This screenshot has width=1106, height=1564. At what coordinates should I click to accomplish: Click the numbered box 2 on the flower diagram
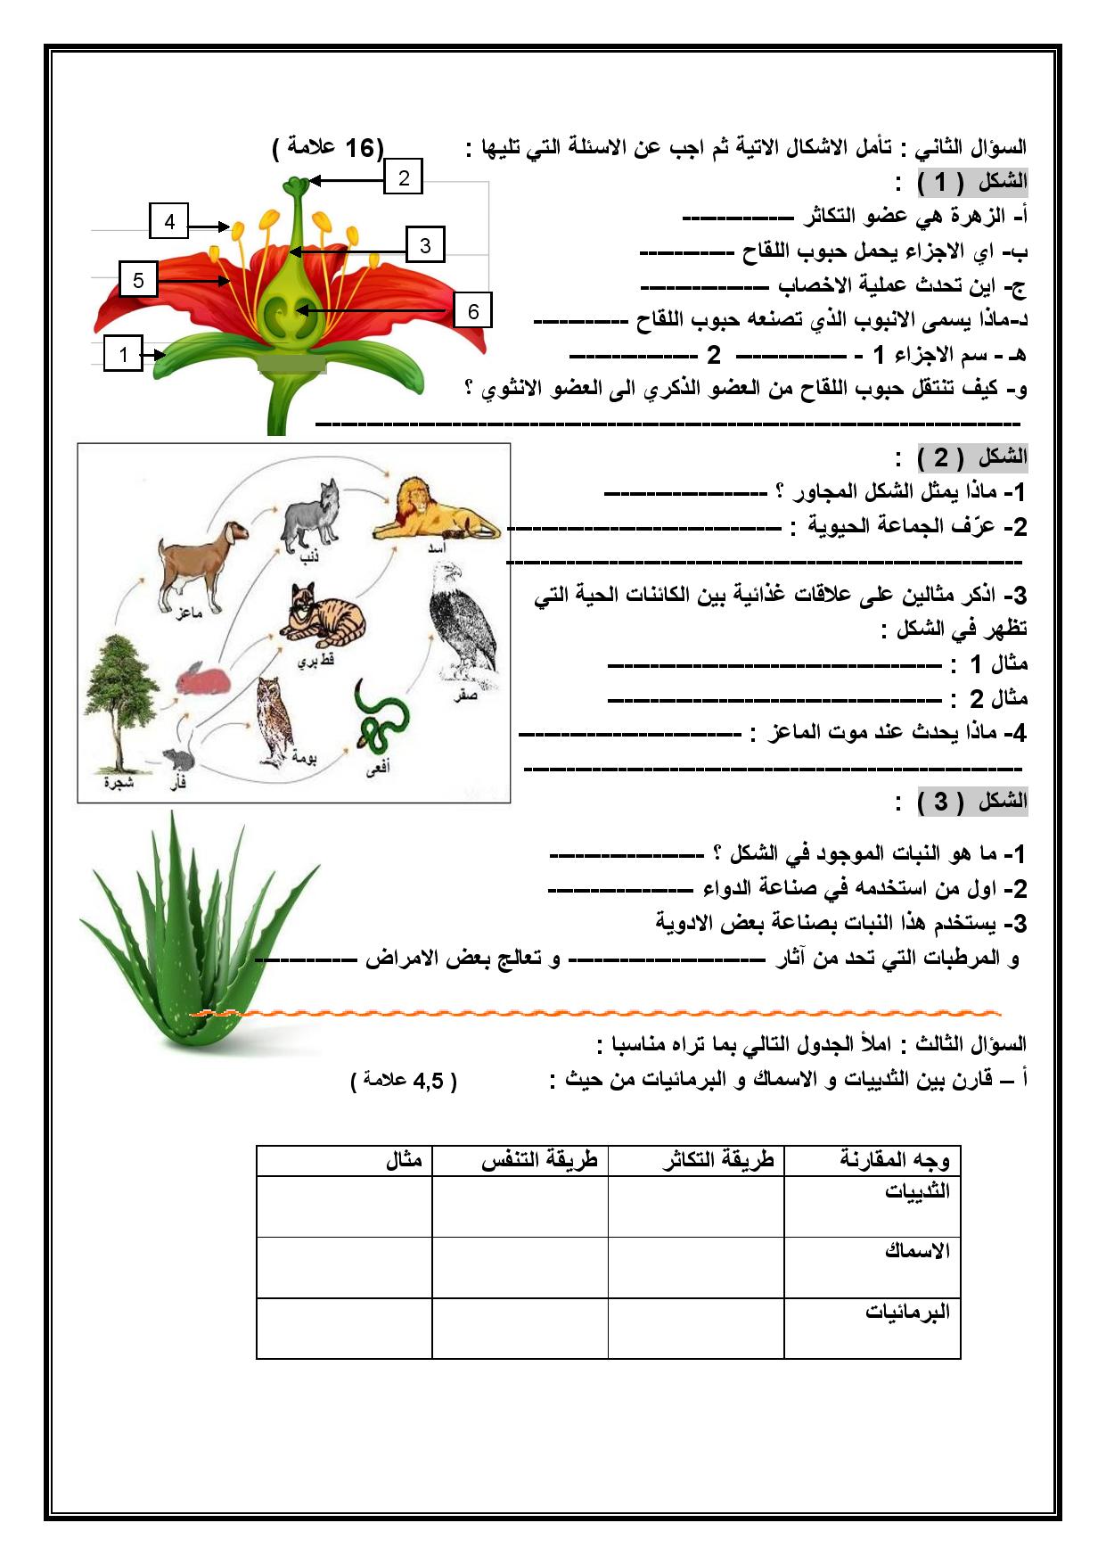pyautogui.click(x=404, y=178)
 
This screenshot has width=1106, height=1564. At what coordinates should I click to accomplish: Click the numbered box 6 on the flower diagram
pyautogui.click(x=473, y=311)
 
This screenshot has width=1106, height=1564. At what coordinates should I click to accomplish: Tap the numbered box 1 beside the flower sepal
pyautogui.click(x=124, y=354)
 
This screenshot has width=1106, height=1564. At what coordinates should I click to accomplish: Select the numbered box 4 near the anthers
pyautogui.click(x=169, y=221)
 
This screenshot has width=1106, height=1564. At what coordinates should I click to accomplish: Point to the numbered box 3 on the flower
pyautogui.click(x=425, y=245)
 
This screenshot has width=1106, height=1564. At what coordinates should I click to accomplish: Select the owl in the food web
pyautogui.click(x=276, y=720)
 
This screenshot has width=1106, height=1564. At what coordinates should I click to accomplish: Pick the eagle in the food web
pyautogui.click(x=462, y=625)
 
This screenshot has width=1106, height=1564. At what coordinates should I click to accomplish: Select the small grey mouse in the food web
pyautogui.click(x=179, y=759)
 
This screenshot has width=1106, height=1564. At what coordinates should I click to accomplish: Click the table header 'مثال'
pyautogui.click(x=404, y=1162)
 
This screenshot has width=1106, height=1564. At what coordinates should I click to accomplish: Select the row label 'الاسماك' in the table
pyautogui.click(x=917, y=1251)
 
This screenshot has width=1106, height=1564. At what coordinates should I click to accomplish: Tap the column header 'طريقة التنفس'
pyautogui.click(x=539, y=1162)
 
